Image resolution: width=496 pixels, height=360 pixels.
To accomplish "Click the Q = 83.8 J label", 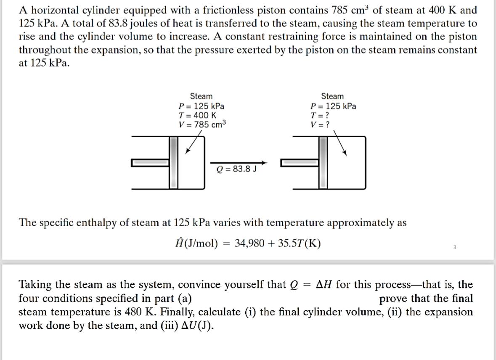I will click(x=236, y=169).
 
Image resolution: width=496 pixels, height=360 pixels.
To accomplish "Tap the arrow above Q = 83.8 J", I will click(x=238, y=162).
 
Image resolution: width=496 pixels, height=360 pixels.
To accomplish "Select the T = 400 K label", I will click(x=197, y=115).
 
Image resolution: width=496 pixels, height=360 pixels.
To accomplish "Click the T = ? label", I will click(x=319, y=115).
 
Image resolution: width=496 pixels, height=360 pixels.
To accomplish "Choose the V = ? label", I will click(x=319, y=124).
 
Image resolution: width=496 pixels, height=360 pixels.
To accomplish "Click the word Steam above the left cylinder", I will click(x=201, y=96).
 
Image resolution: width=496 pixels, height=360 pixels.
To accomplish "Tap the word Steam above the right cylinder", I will click(x=332, y=96).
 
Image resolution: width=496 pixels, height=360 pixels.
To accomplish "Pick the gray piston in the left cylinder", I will click(x=174, y=162).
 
